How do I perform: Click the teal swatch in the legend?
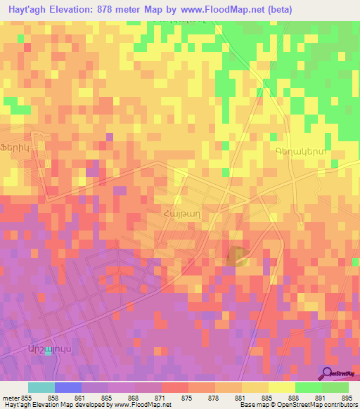[41, 387]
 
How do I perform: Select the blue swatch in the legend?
[68, 387]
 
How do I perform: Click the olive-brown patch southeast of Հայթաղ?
[237, 255]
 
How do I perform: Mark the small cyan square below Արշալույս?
[49, 352]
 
